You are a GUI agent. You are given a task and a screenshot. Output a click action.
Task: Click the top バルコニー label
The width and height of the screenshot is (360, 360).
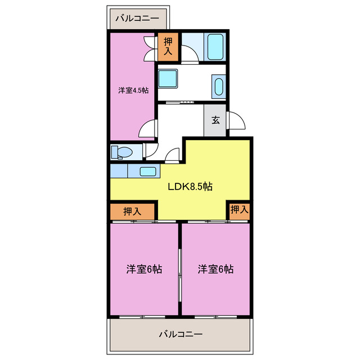[137, 19]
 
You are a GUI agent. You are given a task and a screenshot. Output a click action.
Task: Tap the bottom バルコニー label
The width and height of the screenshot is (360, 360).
[180, 334]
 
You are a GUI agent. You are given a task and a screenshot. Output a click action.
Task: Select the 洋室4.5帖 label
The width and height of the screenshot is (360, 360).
[133, 90]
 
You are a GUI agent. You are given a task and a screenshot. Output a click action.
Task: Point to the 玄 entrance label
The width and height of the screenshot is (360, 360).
[215, 120]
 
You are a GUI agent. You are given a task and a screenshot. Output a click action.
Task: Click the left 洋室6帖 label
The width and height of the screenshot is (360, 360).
[144, 269]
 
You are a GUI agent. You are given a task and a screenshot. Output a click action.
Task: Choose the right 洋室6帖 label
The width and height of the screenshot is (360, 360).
[215, 269]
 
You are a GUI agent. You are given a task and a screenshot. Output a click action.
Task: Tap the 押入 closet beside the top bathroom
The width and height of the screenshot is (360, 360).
[168, 47]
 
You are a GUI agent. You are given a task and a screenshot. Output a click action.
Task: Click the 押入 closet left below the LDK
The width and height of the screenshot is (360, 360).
[132, 211]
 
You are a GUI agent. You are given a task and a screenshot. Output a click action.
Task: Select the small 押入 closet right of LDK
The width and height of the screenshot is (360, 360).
[239, 209]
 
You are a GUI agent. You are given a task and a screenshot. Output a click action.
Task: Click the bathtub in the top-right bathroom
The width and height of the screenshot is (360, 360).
[216, 47]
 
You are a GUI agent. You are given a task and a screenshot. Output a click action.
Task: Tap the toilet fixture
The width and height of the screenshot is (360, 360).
[121, 152]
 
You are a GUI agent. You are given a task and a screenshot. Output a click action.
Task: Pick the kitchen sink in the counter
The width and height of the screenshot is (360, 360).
[148, 172]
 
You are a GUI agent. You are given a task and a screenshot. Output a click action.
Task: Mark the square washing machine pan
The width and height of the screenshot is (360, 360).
[168, 78]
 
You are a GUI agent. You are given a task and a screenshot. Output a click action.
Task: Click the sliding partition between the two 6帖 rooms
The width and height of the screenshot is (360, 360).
[179, 269]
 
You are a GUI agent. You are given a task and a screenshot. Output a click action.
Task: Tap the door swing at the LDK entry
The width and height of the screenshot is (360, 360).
[173, 155]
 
